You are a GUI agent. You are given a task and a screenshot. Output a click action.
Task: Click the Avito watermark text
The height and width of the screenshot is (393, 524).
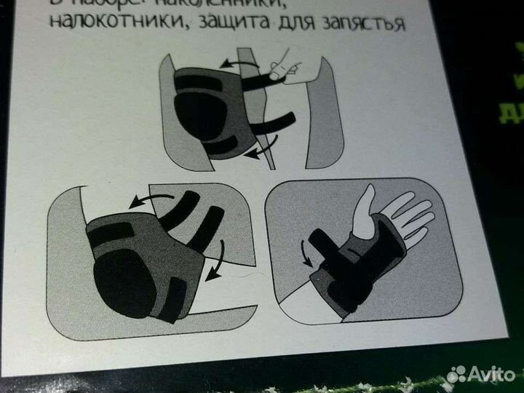[491, 373]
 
